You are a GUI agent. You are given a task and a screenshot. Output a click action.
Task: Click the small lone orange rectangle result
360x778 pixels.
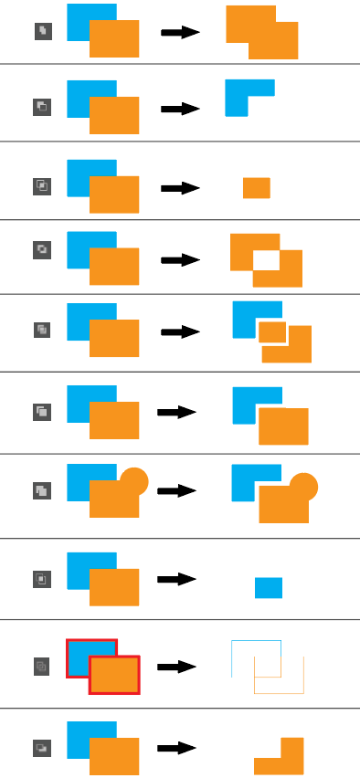click(x=256, y=188)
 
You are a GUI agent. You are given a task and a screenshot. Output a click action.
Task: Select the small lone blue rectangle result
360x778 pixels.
click(x=268, y=588)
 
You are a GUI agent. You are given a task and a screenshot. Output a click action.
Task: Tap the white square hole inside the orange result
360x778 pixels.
click(x=266, y=259)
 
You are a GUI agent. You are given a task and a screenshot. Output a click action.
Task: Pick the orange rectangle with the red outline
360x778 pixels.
click(x=114, y=675)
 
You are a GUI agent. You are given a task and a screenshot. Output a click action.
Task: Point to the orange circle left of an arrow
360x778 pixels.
click(x=133, y=480)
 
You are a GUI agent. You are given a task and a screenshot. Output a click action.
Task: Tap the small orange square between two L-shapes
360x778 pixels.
click(x=272, y=331)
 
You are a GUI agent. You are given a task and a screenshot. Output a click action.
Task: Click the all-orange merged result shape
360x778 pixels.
click(x=261, y=37)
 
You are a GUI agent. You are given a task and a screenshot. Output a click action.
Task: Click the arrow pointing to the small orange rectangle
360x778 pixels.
click(x=180, y=188)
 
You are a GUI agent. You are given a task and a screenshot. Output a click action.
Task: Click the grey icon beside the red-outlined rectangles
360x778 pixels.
click(x=41, y=666)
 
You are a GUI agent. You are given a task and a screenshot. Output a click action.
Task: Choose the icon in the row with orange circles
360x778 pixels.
click(x=41, y=490)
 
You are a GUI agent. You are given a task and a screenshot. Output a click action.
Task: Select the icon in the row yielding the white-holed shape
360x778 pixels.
click(x=41, y=248)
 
